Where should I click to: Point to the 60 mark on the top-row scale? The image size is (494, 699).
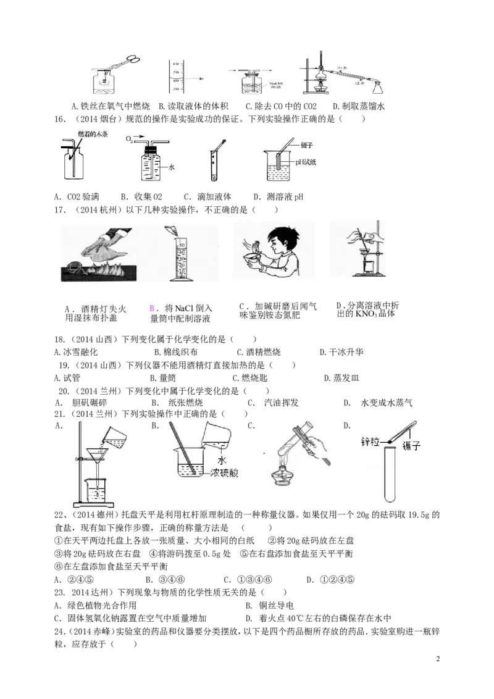click(175, 64)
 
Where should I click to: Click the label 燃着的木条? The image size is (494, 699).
click(93, 134)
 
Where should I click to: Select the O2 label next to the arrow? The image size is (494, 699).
click(129, 140)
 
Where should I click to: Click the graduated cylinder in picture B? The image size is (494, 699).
click(180, 259)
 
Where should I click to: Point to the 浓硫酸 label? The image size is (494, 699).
click(224, 473)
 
